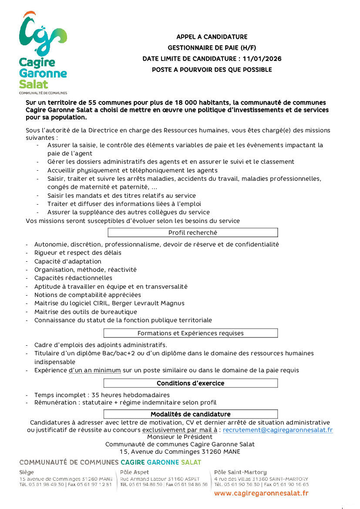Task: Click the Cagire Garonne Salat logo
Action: click(43, 51)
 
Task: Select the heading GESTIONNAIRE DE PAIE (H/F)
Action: click(212, 48)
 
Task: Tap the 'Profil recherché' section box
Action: click(192, 233)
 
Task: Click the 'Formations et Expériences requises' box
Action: click(190, 334)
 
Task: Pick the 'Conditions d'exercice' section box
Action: click(190, 384)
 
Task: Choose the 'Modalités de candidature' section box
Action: click(190, 415)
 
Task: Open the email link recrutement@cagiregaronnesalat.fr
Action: click(278, 430)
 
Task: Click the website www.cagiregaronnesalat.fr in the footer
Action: click(261, 493)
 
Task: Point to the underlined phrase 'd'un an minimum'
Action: click(95, 371)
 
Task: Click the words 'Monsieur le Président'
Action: click(180, 437)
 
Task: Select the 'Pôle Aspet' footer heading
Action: click(135, 472)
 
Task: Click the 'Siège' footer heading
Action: click(27, 472)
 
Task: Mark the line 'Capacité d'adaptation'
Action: click(68, 262)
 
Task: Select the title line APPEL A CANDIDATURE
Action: click(212, 37)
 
